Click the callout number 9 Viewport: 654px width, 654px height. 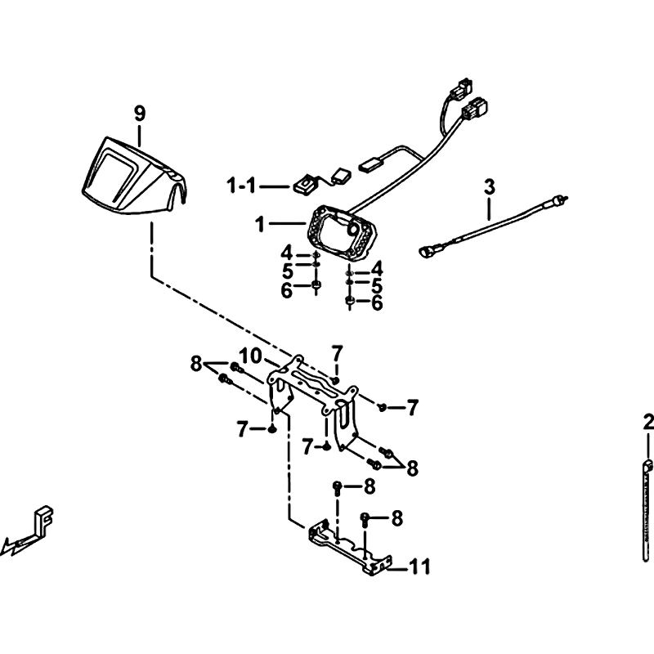140,114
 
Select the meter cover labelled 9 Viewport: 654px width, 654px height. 133,177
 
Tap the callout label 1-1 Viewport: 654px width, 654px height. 241,186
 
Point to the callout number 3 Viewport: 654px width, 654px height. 489,187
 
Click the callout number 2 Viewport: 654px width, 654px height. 648,423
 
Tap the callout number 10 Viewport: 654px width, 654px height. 251,356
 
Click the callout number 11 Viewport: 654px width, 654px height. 419,567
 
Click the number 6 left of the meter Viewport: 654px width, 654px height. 287,291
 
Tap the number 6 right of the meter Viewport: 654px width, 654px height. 377,303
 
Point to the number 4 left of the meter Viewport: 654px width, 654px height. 287,253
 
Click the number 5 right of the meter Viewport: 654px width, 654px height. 377,286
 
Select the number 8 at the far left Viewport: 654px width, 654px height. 196,364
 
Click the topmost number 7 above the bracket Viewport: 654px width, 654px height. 337,354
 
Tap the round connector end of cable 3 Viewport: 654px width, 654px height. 426,251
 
